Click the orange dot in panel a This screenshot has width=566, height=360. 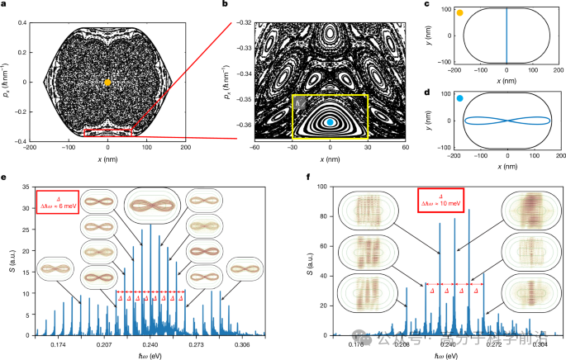(108, 82)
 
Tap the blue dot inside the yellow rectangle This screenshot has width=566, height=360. (331, 122)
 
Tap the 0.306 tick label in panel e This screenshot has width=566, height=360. (242, 344)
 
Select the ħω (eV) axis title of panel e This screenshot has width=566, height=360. (150, 355)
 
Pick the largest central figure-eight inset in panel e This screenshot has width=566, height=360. (150, 205)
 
